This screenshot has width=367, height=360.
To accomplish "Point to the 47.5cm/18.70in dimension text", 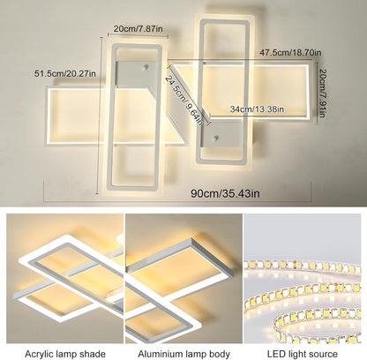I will [x=284, y=52].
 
